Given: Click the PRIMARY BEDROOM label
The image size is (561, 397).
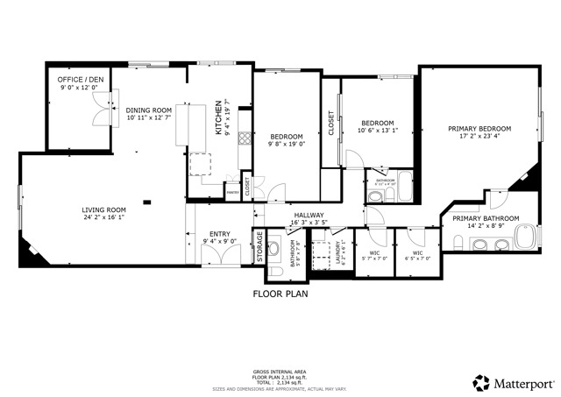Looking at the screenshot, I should (x=479, y=128).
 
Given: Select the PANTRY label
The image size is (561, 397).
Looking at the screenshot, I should (x=232, y=192).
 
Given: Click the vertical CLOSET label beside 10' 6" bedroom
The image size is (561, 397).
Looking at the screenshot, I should (x=330, y=122).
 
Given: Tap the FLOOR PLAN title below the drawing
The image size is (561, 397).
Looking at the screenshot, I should (x=280, y=294).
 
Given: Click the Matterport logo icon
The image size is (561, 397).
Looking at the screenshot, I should (x=481, y=382).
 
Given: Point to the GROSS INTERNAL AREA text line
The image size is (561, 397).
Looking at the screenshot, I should (x=280, y=370).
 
